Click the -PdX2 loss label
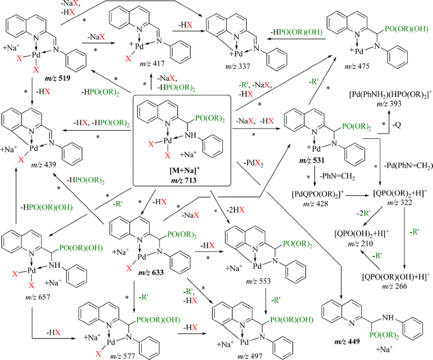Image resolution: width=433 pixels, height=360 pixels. pyautogui.click(x=253, y=163)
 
